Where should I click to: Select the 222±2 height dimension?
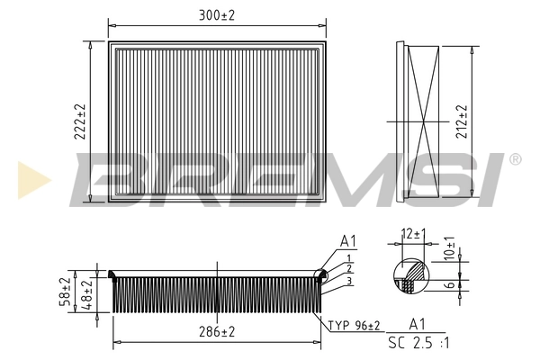click(x=81, y=121)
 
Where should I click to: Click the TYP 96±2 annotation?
click(x=354, y=325)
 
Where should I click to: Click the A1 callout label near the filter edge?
click(x=348, y=242)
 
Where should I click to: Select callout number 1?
click(x=346, y=258)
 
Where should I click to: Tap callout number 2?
click(x=347, y=269)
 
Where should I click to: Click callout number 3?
click(x=347, y=280)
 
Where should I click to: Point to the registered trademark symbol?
click(x=515, y=159)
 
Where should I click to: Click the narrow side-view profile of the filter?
click(x=420, y=121)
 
